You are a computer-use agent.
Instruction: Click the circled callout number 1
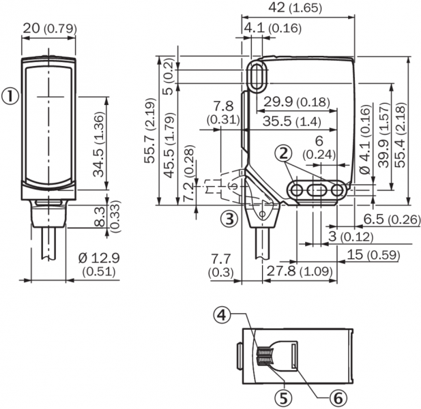coord(10,97)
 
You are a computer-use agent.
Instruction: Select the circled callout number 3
coord(230,219)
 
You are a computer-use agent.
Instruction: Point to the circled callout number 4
coord(220,314)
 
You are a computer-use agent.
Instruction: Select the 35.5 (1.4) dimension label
coord(287,121)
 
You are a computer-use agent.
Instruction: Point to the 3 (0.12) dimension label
coord(351,237)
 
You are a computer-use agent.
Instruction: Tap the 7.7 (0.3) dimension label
coord(220,265)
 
